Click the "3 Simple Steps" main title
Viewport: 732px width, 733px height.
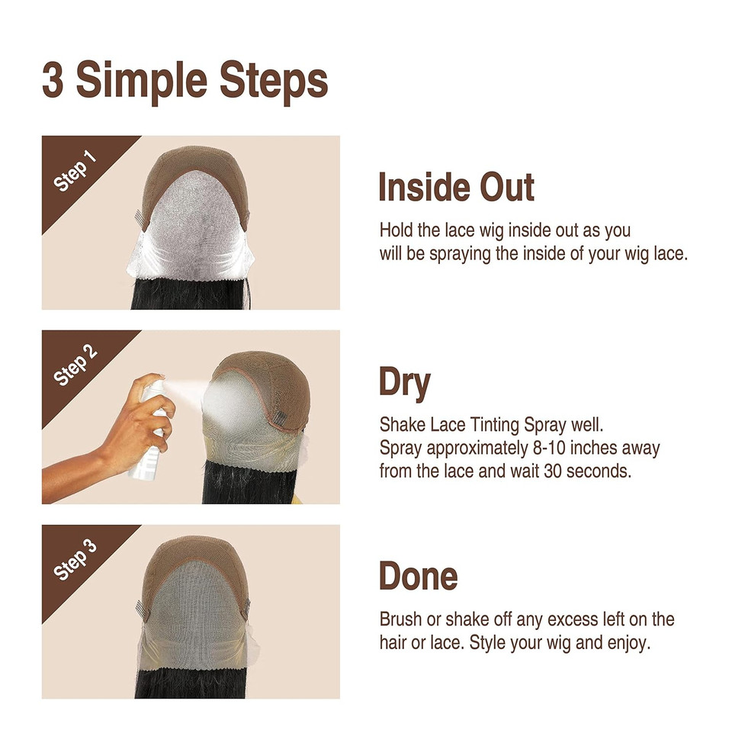coord(185,81)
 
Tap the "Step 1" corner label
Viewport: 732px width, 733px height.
coord(75,170)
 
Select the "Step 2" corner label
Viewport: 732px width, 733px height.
coord(75,365)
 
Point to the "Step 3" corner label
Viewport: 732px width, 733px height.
coord(75,560)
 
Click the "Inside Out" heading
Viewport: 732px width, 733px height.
coord(456,188)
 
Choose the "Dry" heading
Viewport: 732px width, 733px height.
coord(404,383)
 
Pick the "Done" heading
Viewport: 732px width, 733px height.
coord(418,577)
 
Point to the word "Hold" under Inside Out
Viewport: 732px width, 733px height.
coord(396,230)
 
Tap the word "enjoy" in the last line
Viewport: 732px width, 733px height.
coord(628,643)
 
